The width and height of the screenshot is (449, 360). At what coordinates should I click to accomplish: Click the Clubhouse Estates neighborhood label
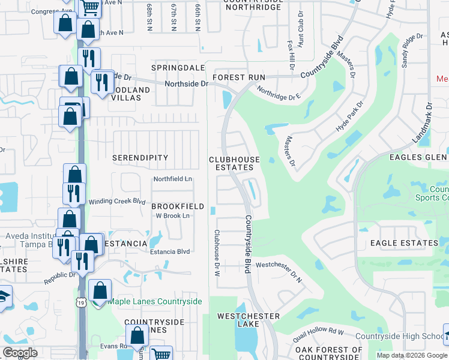click(x=234, y=163)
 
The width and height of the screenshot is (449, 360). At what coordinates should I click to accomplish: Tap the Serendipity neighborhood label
click(x=140, y=157)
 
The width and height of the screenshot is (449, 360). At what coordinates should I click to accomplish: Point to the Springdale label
click(x=174, y=68)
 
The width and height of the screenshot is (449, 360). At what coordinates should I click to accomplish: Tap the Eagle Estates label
click(x=403, y=243)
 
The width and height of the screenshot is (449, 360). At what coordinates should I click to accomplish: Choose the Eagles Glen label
click(x=418, y=157)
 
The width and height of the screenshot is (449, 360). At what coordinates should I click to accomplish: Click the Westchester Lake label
click(x=248, y=320)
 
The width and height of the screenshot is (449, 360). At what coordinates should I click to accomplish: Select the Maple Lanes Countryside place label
click(x=154, y=301)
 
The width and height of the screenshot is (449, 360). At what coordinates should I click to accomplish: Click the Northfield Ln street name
click(x=172, y=179)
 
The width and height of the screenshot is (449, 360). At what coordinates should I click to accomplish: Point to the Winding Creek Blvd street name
click(x=118, y=202)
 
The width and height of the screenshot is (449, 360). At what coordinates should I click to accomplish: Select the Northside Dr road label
click(x=186, y=84)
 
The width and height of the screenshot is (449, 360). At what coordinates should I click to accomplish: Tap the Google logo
click(x=20, y=353)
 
